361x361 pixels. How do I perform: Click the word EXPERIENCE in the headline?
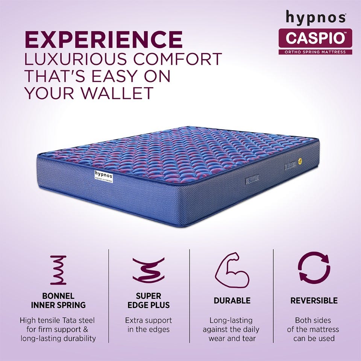[x=103, y=39]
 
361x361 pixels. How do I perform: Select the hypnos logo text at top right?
[x=315, y=17]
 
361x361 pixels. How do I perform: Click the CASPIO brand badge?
[x=315, y=38]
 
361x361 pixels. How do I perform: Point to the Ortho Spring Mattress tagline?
[x=315, y=52]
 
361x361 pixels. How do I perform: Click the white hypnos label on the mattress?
[x=102, y=176]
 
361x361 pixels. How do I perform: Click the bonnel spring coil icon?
[x=58, y=270]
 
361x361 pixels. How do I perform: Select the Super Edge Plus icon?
[x=148, y=270]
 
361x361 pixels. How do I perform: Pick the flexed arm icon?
[x=232, y=270]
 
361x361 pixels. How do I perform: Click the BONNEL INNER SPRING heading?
[x=58, y=300]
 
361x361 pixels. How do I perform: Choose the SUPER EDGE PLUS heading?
[x=148, y=300]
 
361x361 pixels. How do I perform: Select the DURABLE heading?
[x=232, y=300]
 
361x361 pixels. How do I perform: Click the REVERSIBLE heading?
[x=314, y=300]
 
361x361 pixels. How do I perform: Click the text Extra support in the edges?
[x=148, y=325]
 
